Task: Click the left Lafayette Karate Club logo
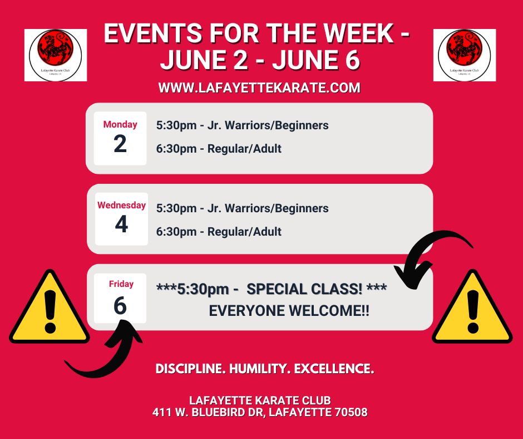56,55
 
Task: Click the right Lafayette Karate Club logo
464,55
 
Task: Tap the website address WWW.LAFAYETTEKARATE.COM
259,88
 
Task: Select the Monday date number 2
120,144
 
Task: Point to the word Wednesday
121,205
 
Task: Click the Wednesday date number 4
121,224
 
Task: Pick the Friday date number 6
120,306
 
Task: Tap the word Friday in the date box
121,284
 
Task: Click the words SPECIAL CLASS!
304,289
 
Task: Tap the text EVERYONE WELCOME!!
289,311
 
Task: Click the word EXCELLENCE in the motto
334,369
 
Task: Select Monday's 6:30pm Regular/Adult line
219,149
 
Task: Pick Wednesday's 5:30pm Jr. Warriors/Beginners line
243,208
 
